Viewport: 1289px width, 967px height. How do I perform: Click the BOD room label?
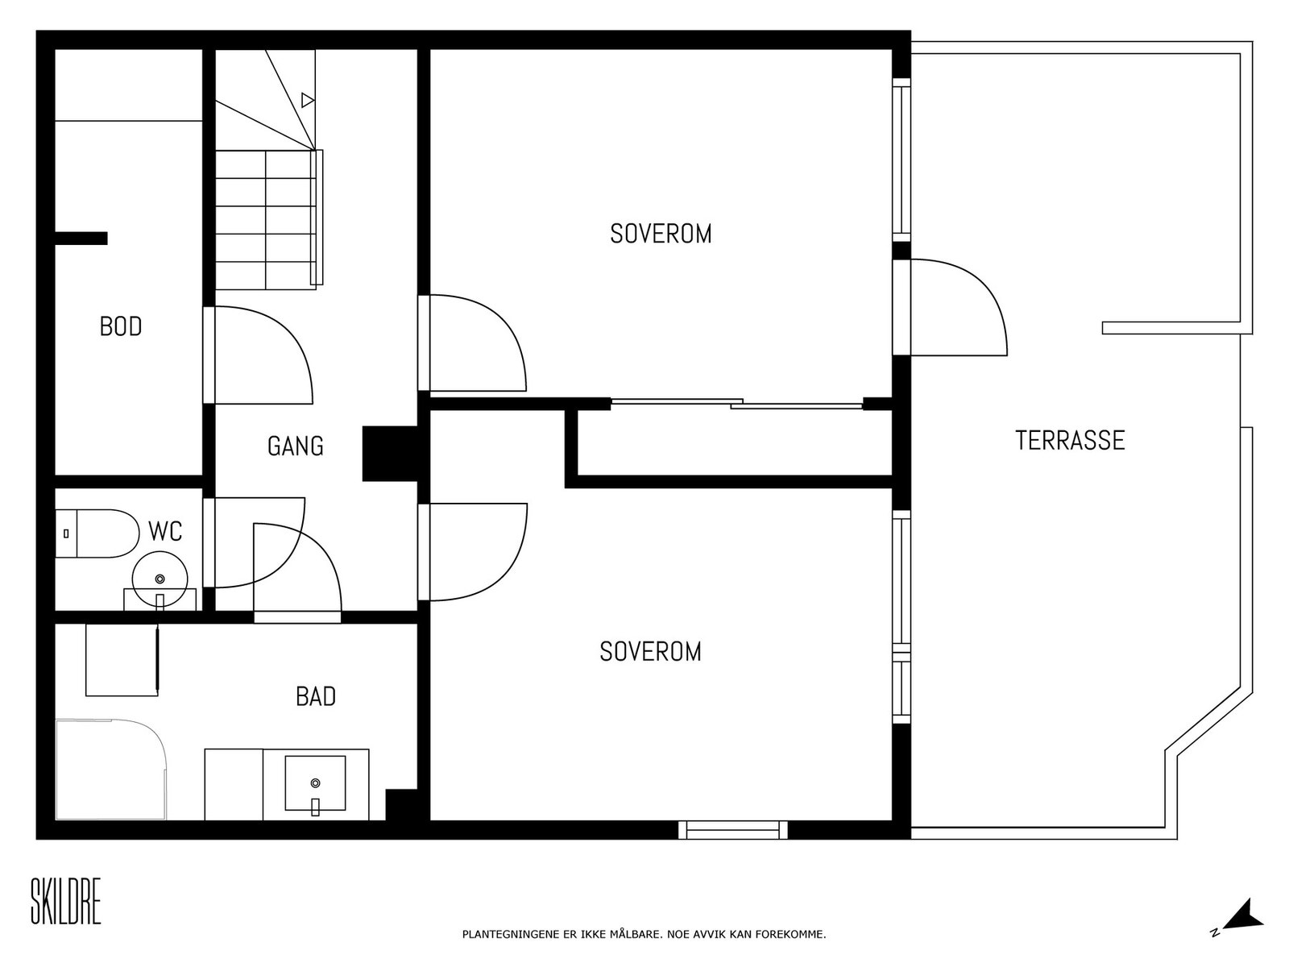[x=121, y=327]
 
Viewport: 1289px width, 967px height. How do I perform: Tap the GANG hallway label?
[x=296, y=446]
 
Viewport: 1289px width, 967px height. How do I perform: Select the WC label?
[x=165, y=531]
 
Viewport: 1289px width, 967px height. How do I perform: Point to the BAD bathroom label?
[x=316, y=696]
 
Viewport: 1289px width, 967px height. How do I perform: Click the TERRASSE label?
[x=1070, y=441]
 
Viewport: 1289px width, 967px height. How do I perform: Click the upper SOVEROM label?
[x=661, y=234]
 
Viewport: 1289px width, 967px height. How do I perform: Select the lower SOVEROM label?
[x=651, y=652]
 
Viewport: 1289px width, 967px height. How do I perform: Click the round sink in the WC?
[x=160, y=579]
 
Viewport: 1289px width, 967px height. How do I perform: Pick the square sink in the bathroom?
[x=315, y=783]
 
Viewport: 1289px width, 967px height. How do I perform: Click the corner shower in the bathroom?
[x=111, y=769]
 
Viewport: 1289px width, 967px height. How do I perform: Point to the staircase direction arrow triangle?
[x=308, y=101]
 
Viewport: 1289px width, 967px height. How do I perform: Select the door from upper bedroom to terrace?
[x=950, y=307]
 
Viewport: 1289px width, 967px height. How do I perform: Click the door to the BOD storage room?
[x=259, y=355]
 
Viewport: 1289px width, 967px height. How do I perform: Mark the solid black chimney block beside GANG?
[x=390, y=454]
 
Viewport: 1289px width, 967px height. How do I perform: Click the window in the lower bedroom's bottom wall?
[x=733, y=830]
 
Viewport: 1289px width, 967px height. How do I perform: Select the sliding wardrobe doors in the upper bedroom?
[x=737, y=404]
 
